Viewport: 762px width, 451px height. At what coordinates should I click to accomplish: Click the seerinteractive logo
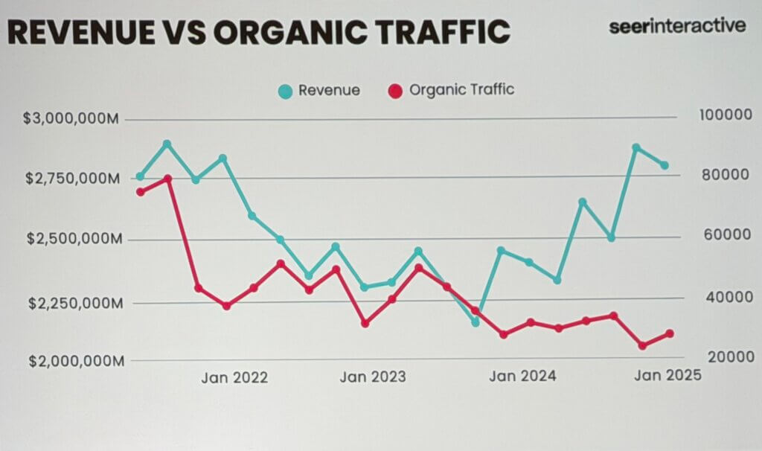pos(676,25)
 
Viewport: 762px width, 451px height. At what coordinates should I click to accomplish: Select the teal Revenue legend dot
pos(285,92)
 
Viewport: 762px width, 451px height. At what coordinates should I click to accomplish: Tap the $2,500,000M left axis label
pos(63,240)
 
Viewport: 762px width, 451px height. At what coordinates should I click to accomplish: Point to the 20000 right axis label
pos(721,358)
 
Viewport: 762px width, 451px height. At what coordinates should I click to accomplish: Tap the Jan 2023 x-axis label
pos(373,377)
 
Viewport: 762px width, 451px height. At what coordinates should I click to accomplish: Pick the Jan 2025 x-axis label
pos(667,375)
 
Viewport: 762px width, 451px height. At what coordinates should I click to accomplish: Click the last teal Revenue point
pos(665,165)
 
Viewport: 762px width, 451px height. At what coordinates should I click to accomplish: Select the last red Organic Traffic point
pos(669,333)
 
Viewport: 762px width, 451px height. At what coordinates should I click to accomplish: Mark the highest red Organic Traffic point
pos(168,179)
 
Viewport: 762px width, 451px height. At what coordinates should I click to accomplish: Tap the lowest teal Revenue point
pos(476,322)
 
